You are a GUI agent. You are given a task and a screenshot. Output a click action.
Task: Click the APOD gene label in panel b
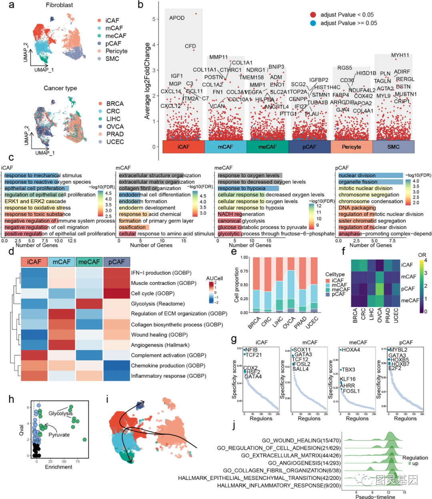coord(177,18)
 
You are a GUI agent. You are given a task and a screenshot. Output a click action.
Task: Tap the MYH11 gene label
coord(400,55)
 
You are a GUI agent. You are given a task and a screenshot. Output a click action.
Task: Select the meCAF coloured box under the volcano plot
coord(267,147)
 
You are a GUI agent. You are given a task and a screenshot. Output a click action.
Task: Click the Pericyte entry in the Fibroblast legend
coord(116,51)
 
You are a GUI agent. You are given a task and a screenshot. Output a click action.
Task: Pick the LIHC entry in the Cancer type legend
coord(113,119)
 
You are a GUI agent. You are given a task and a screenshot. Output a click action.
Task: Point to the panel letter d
coord(11,252)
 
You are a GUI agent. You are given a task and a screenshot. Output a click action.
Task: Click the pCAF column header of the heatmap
coord(116,262)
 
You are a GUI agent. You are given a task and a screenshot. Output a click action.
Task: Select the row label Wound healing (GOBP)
coord(159,335)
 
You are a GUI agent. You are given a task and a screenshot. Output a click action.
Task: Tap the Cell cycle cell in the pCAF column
coord(116,293)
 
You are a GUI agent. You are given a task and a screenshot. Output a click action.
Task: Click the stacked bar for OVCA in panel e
coord(291,285)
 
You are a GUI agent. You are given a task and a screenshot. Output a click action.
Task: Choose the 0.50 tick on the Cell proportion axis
coord(244,285)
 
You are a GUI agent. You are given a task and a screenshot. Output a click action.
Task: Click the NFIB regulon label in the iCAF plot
coord(251,350)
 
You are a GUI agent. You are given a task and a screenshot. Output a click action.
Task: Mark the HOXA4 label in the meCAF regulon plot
coord(351,350)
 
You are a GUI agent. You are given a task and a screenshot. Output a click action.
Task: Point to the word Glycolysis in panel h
coord(60,413)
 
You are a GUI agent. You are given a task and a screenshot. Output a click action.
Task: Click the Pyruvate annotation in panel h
coord(59,435)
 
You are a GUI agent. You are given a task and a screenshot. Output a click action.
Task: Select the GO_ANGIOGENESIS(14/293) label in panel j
coord(304,463)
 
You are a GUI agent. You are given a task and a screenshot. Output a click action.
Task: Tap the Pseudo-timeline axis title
coord(375,497)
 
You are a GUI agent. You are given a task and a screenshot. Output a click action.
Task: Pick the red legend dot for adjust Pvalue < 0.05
coord(313,15)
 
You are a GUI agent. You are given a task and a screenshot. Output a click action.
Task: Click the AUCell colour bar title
coord(214,278)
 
